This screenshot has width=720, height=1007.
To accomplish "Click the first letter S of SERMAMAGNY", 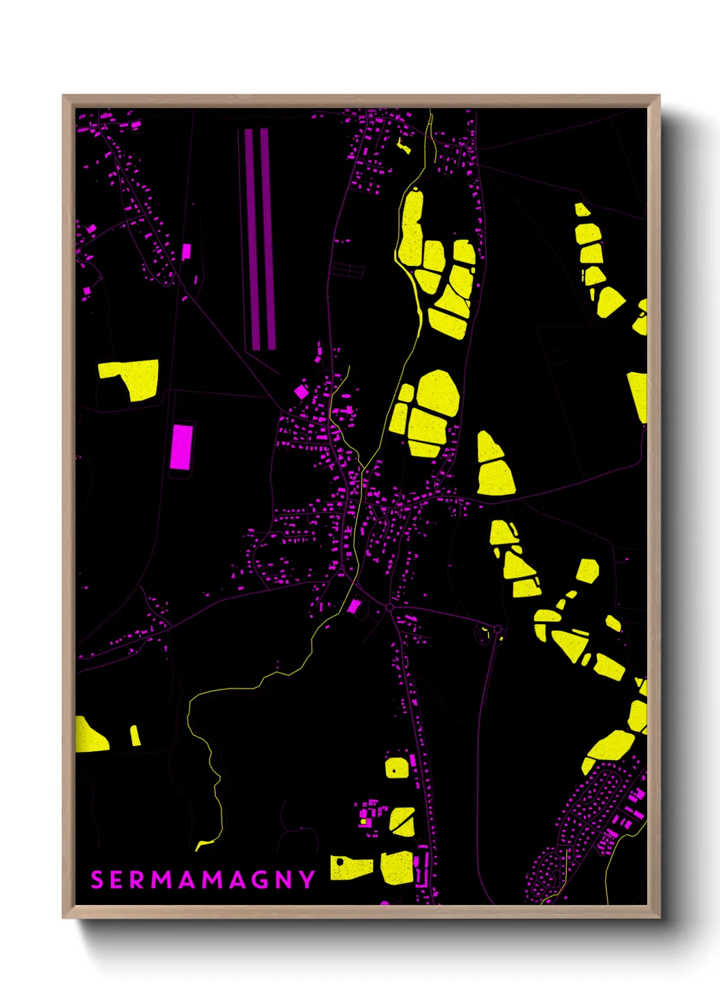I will (x=97, y=880).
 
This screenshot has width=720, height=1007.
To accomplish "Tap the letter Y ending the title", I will (x=308, y=880).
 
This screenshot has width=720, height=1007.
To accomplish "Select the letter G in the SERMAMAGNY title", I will (x=256, y=880).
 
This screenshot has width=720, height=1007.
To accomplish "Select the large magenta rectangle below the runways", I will (x=181, y=446).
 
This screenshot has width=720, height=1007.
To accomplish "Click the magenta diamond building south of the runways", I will (x=301, y=391).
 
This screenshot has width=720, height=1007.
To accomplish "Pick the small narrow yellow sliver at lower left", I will (x=135, y=736).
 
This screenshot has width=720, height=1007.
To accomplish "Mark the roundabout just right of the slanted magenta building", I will (x=389, y=607).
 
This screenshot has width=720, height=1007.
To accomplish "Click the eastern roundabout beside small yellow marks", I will (x=498, y=629).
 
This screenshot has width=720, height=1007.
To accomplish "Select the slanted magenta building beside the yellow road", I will (x=354, y=606).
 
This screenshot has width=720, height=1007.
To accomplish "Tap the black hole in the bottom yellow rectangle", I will (x=340, y=862).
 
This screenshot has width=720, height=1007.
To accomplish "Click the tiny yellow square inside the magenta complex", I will (x=363, y=822).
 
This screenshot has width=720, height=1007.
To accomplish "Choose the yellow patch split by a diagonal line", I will (x=402, y=821).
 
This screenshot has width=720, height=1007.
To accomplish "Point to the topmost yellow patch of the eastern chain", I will (x=582, y=210).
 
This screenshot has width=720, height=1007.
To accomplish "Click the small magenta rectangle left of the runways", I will (x=186, y=252).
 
